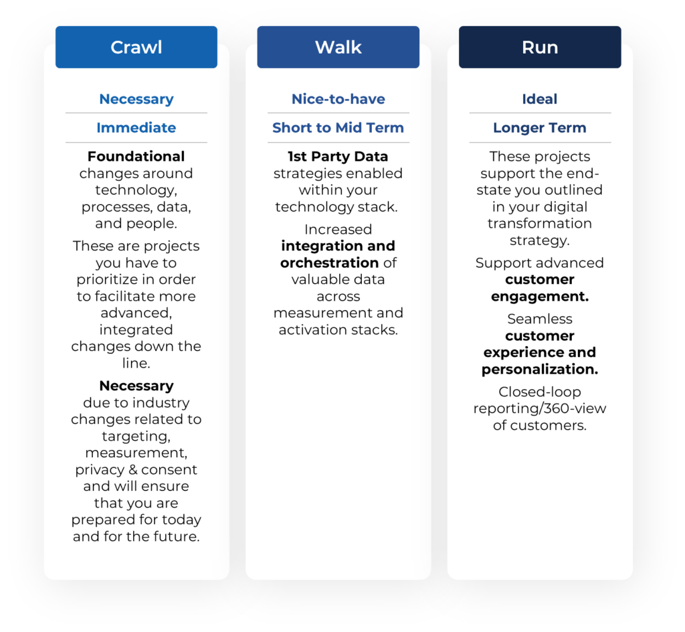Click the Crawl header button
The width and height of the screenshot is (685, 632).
pyautogui.click(x=136, y=47)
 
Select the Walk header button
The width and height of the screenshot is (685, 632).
pyautogui.click(x=338, y=47)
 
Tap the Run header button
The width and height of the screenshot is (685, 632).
pyautogui.click(x=540, y=47)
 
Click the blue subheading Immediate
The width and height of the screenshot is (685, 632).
pyautogui.click(x=136, y=128)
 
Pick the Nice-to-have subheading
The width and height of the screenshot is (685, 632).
pyautogui.click(x=338, y=99)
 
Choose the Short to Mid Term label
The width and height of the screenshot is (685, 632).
pyautogui.click(x=338, y=128)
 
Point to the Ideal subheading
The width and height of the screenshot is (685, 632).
pyautogui.click(x=540, y=99)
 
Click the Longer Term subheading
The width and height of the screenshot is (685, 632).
pyautogui.click(x=540, y=128)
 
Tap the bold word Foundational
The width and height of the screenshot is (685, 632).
pyautogui.click(x=136, y=157)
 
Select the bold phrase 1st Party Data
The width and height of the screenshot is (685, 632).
pyautogui.click(x=338, y=157)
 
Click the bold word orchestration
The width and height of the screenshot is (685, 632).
pyautogui.click(x=330, y=262)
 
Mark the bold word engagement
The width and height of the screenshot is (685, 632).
pyautogui.click(x=540, y=296)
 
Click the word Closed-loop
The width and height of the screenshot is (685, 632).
pyautogui.click(x=539, y=392)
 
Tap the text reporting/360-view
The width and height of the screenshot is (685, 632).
pyautogui.click(x=540, y=408)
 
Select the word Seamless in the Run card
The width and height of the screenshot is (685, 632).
pyautogui.click(x=540, y=319)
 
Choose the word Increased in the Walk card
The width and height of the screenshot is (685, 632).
pyautogui.click(x=338, y=230)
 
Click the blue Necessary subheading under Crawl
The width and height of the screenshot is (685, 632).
pyautogui.click(x=136, y=99)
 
